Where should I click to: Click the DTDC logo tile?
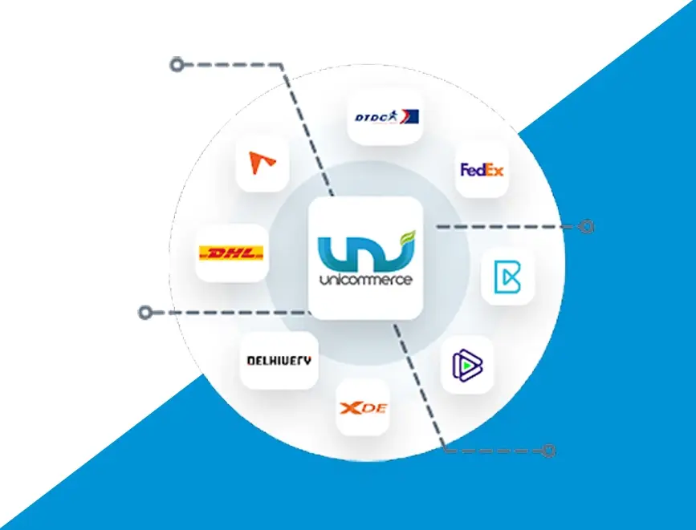click(x=386, y=118)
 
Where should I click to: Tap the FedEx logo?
click(x=482, y=169)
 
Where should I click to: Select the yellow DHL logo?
click(x=231, y=253)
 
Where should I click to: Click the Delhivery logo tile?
click(x=279, y=360)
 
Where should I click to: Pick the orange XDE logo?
click(x=364, y=408)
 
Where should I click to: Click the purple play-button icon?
click(x=466, y=366)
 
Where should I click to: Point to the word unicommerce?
click(x=366, y=281)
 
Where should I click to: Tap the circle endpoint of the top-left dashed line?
click(x=177, y=64)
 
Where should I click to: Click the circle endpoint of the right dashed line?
click(x=587, y=226)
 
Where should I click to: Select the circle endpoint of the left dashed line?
click(x=145, y=311)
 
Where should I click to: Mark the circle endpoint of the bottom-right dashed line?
click(x=549, y=451)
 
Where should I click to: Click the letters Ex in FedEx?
click(x=493, y=169)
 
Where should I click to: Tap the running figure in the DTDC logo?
click(x=407, y=118)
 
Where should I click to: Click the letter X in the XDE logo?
click(x=351, y=408)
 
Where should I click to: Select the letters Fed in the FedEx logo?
click(x=472, y=169)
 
